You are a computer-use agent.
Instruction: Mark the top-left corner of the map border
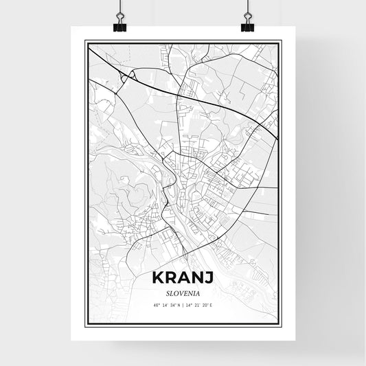pos(85,41)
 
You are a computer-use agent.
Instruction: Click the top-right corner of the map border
pos(281,41)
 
